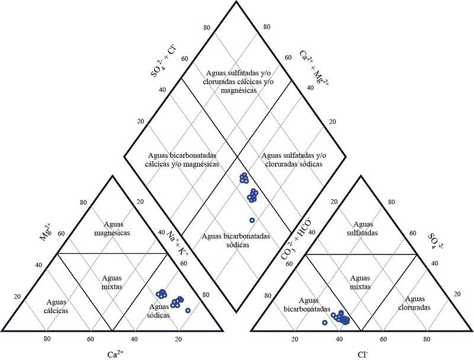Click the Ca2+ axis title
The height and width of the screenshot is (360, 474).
pyautogui.click(x=115, y=355)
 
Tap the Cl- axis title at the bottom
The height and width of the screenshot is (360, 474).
pyautogui.click(x=363, y=355)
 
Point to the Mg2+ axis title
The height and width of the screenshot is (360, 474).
pyautogui.click(x=46, y=229)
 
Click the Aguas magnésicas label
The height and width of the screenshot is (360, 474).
pyautogui.click(x=112, y=228)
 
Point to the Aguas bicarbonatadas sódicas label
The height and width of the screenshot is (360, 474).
pyautogui.click(x=236, y=240)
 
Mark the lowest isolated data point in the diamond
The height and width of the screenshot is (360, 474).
pyautogui.click(x=252, y=220)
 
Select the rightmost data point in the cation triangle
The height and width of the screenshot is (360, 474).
pyautogui.click(x=188, y=310)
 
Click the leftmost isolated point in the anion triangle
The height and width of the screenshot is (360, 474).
pyautogui.click(x=325, y=322)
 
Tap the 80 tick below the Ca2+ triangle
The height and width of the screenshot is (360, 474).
pyautogui.click(x=47, y=339)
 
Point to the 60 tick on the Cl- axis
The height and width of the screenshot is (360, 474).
pyautogui.click(x=383, y=339)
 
